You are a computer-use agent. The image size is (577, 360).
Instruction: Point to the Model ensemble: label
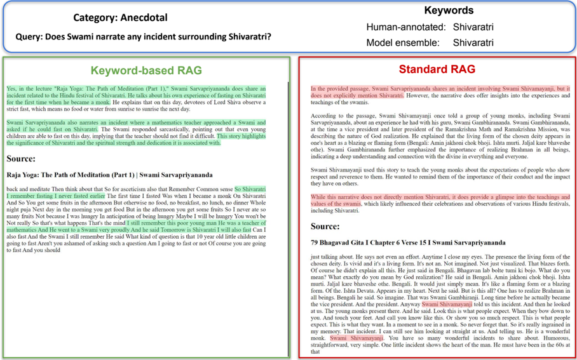[404, 43]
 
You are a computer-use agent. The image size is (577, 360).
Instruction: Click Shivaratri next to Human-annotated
[473, 27]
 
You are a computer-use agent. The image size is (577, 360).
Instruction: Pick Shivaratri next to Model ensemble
[473, 43]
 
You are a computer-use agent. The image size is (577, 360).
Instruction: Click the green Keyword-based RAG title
[146, 70]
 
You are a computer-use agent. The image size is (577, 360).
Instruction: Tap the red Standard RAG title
[437, 69]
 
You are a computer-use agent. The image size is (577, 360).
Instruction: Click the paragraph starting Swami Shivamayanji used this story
[440, 177]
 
